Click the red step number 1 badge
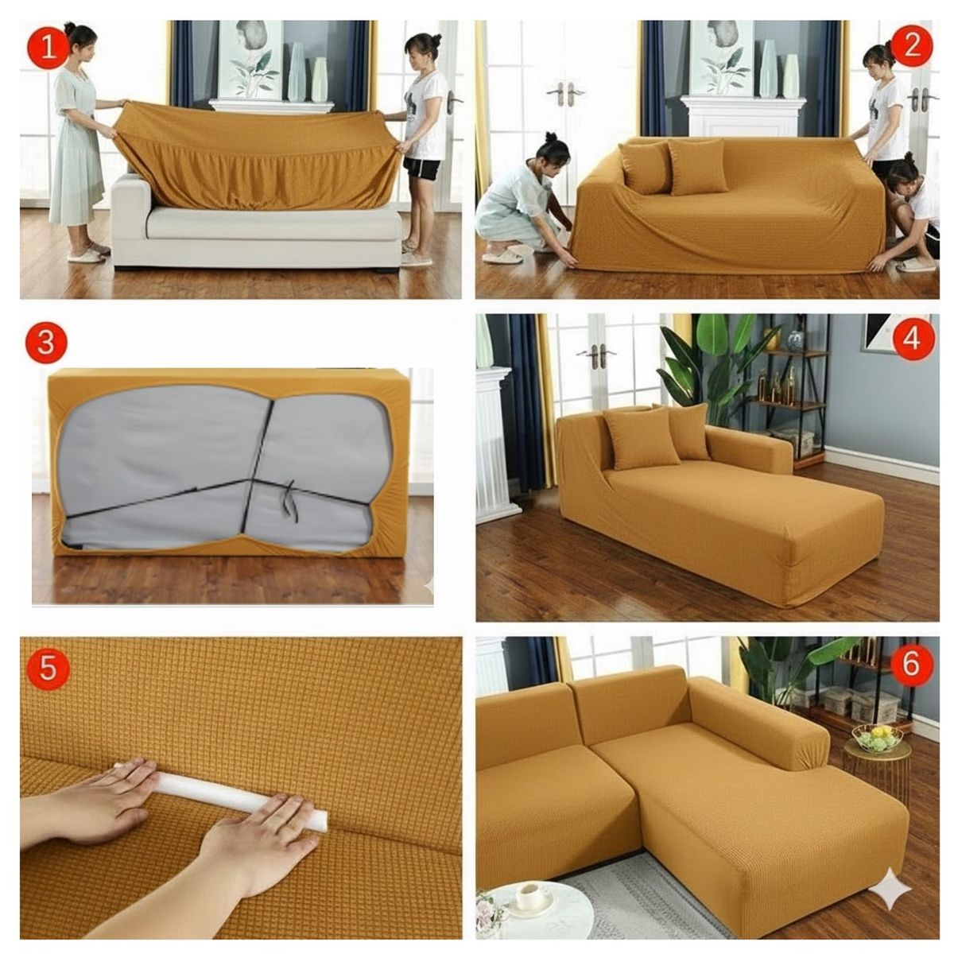point(48,47)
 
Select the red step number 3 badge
point(46,343)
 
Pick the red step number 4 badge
point(912,339)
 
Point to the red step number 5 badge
point(48,669)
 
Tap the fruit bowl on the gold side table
point(877,738)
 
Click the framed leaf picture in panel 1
point(250,60)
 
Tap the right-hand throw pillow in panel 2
point(697,166)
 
